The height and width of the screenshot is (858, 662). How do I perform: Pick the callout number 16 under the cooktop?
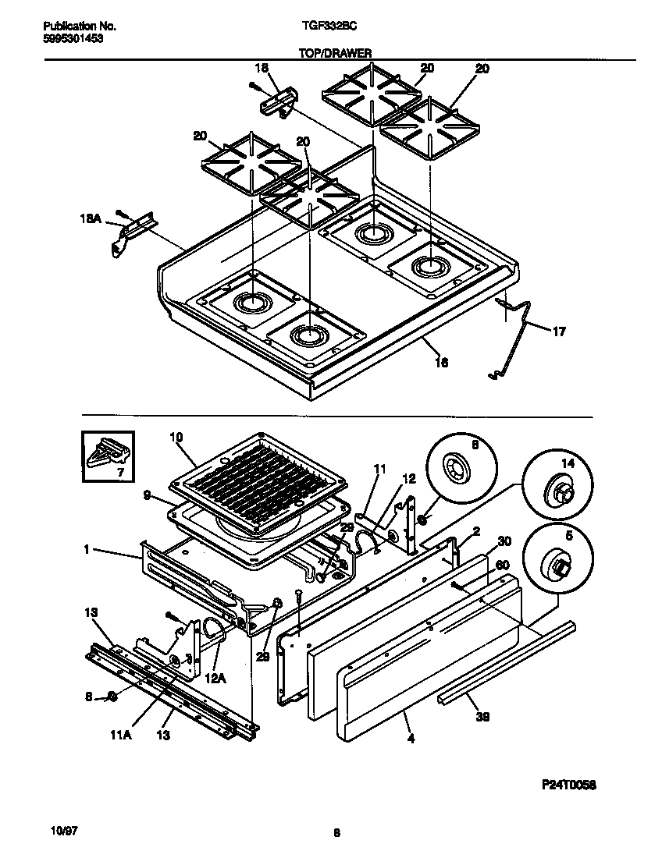point(441,361)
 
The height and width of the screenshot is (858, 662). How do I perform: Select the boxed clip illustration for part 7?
point(108,456)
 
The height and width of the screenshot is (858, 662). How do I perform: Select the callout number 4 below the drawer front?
point(411,738)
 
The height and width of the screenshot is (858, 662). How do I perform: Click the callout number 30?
point(504,541)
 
